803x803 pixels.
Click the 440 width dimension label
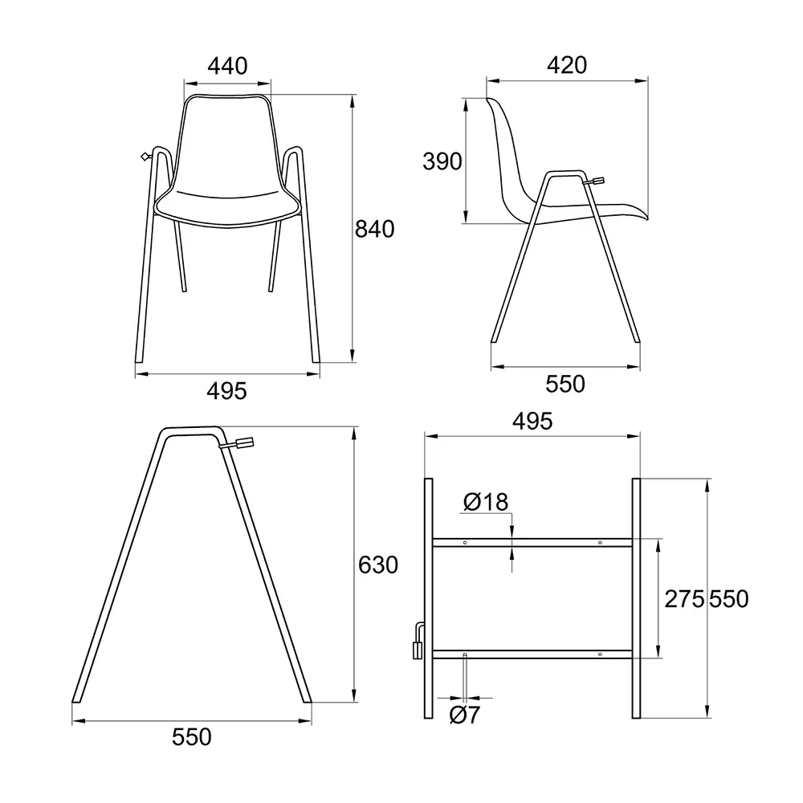(227, 66)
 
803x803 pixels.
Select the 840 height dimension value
(374, 229)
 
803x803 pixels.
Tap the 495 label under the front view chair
(227, 391)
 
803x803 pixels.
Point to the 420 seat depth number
(567, 65)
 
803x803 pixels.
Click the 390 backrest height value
(442, 161)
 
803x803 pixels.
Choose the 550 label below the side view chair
(565, 384)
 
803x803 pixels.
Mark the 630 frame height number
(378, 565)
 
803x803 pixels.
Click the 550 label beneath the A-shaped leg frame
(192, 737)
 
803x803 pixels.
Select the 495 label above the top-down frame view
(532, 421)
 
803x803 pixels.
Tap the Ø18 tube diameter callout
(486, 502)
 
